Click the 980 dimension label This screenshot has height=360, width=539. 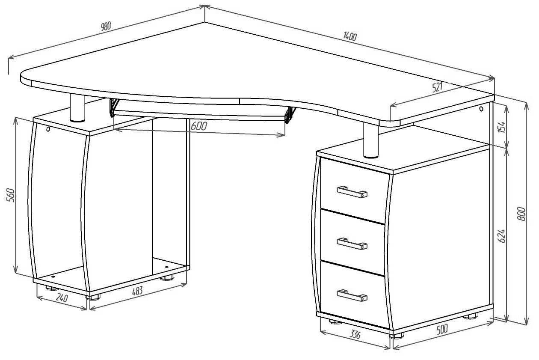tap(106, 26)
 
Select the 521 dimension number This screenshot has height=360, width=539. tap(437, 87)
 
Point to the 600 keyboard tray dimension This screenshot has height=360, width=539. tap(199, 126)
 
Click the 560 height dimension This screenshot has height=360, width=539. tap(11, 195)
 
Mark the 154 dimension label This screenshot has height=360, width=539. tap(501, 127)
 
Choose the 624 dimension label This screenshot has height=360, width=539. tap(501, 236)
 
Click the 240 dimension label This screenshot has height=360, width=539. tap(62, 298)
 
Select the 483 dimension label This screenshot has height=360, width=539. tap(137, 291)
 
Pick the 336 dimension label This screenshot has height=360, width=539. tap(355, 334)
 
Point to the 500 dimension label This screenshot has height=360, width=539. tap(442, 329)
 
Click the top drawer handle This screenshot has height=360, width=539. tap(352, 192)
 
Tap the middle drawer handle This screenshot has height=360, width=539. tap(352, 244)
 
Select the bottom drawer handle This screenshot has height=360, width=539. tap(352, 295)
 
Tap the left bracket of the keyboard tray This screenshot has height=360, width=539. tap(114, 107)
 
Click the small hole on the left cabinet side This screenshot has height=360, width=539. tap(48, 129)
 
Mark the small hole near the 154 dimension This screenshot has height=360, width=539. tap(481, 109)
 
